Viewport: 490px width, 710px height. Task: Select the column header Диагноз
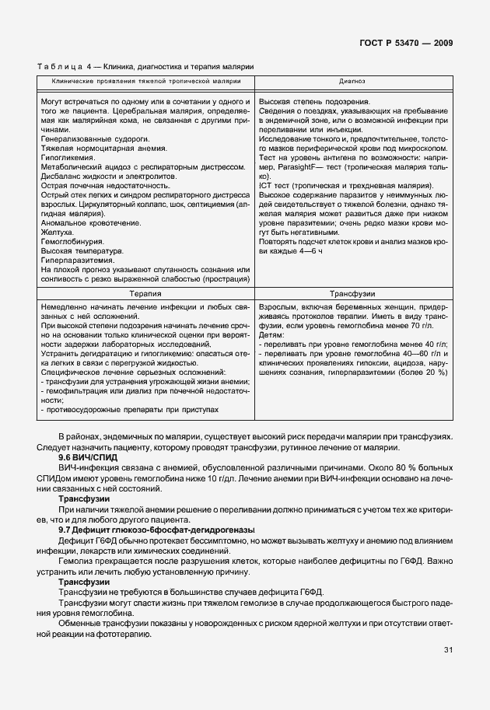[x=346, y=81]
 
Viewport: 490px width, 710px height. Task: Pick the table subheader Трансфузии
[x=354, y=295]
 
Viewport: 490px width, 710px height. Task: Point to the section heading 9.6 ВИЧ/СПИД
[x=83, y=457]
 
